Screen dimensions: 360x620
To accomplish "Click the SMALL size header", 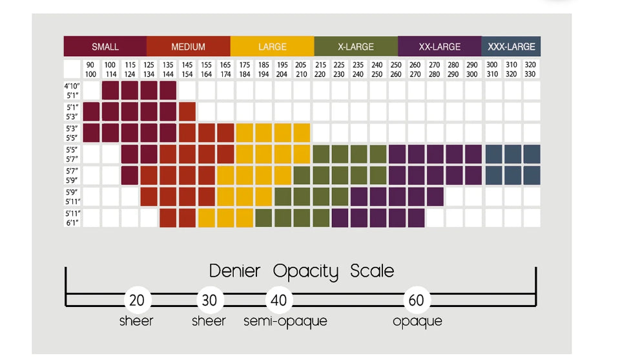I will point(105,47).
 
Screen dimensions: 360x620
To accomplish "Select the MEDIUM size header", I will point(188,47).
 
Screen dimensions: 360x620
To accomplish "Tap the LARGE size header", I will point(272,47).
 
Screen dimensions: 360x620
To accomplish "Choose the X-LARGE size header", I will point(356,47).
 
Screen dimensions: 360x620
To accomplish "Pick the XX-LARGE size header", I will point(440,47).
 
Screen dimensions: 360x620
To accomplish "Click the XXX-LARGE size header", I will point(512,47).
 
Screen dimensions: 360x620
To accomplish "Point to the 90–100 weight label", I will point(91,69).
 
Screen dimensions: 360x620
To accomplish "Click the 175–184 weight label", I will point(245,69).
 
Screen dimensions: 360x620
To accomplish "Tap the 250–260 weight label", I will point(396,69).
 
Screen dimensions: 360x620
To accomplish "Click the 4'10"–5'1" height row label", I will point(72,90).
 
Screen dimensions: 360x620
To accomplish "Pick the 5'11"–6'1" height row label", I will point(72,218).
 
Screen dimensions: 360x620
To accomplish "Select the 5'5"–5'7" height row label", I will point(72,154).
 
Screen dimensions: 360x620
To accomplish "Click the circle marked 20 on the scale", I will point(137,300).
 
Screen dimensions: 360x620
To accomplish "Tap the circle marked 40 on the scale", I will point(279,300).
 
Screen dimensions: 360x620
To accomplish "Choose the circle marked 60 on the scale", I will point(417,300).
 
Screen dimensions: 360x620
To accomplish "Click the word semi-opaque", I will point(285,321).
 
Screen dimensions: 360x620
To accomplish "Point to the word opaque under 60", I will point(417,321).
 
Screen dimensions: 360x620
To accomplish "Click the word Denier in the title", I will point(234,271).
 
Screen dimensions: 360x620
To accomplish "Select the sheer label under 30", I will point(209,321).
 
